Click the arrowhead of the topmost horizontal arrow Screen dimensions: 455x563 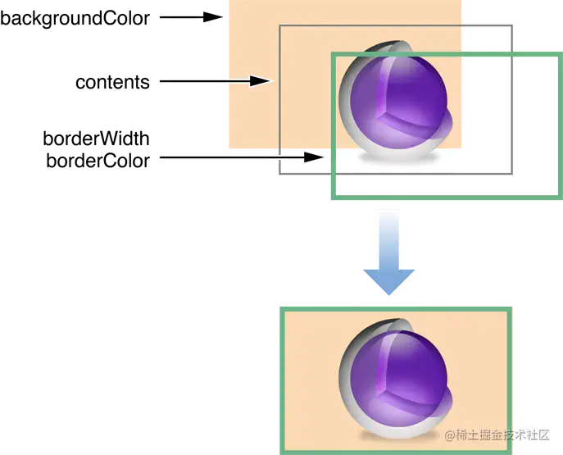[x=215, y=17]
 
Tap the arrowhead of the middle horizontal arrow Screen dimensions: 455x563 [x=261, y=80]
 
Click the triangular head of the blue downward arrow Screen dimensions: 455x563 [x=390, y=281]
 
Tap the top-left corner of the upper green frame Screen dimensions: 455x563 [x=332, y=54]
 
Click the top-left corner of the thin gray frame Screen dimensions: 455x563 [x=280, y=26]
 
